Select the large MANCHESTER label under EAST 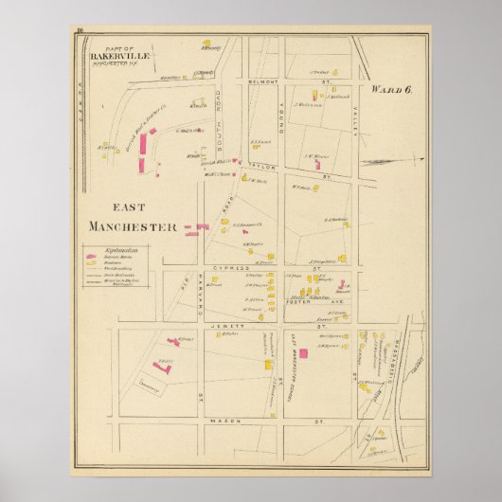tap(133, 226)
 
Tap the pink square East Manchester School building tap(303, 353)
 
